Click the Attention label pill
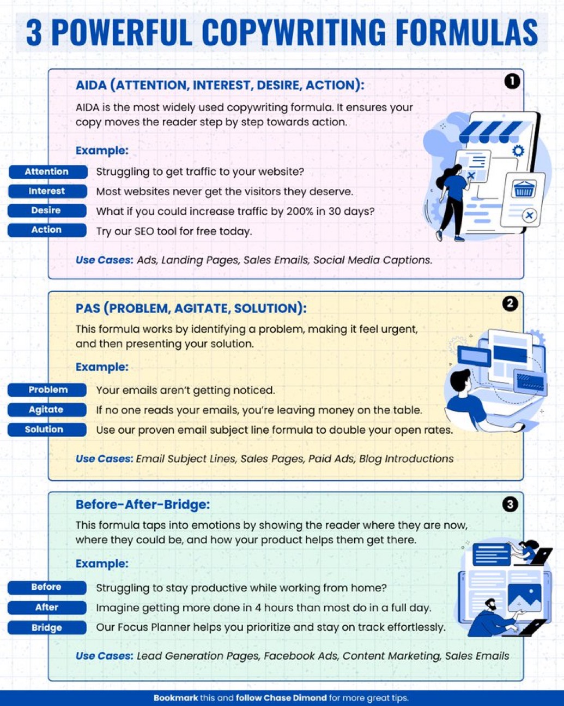[x=48, y=171]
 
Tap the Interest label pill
[x=47, y=191]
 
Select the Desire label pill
[x=47, y=210]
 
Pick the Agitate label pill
[x=47, y=409]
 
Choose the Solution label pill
[x=47, y=429]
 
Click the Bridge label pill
[x=47, y=627]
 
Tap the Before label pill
[x=47, y=587]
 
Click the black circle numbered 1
[x=512, y=81]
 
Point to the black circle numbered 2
[x=510, y=303]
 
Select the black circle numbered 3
[x=510, y=504]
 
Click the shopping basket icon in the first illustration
[x=524, y=189]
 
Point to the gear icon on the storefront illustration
[x=518, y=151]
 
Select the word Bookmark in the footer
[x=175, y=697]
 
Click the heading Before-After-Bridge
[x=143, y=504]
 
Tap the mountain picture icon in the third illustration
[x=525, y=598]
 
